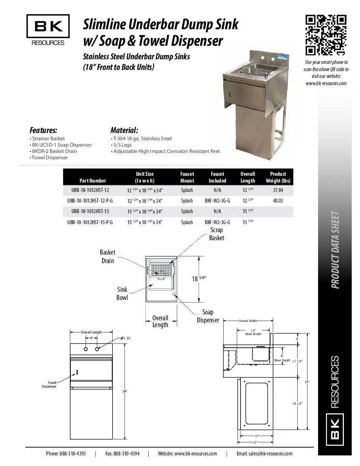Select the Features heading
43,130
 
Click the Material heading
124,130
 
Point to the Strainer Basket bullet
47,139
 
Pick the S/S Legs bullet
123,145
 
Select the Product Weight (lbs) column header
278,177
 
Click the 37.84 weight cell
278,190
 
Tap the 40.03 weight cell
278,201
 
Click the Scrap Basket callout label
216,234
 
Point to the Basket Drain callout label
108,256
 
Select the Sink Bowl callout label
122,294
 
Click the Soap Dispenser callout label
208,316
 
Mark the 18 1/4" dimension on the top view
199,278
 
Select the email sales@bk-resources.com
264,453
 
